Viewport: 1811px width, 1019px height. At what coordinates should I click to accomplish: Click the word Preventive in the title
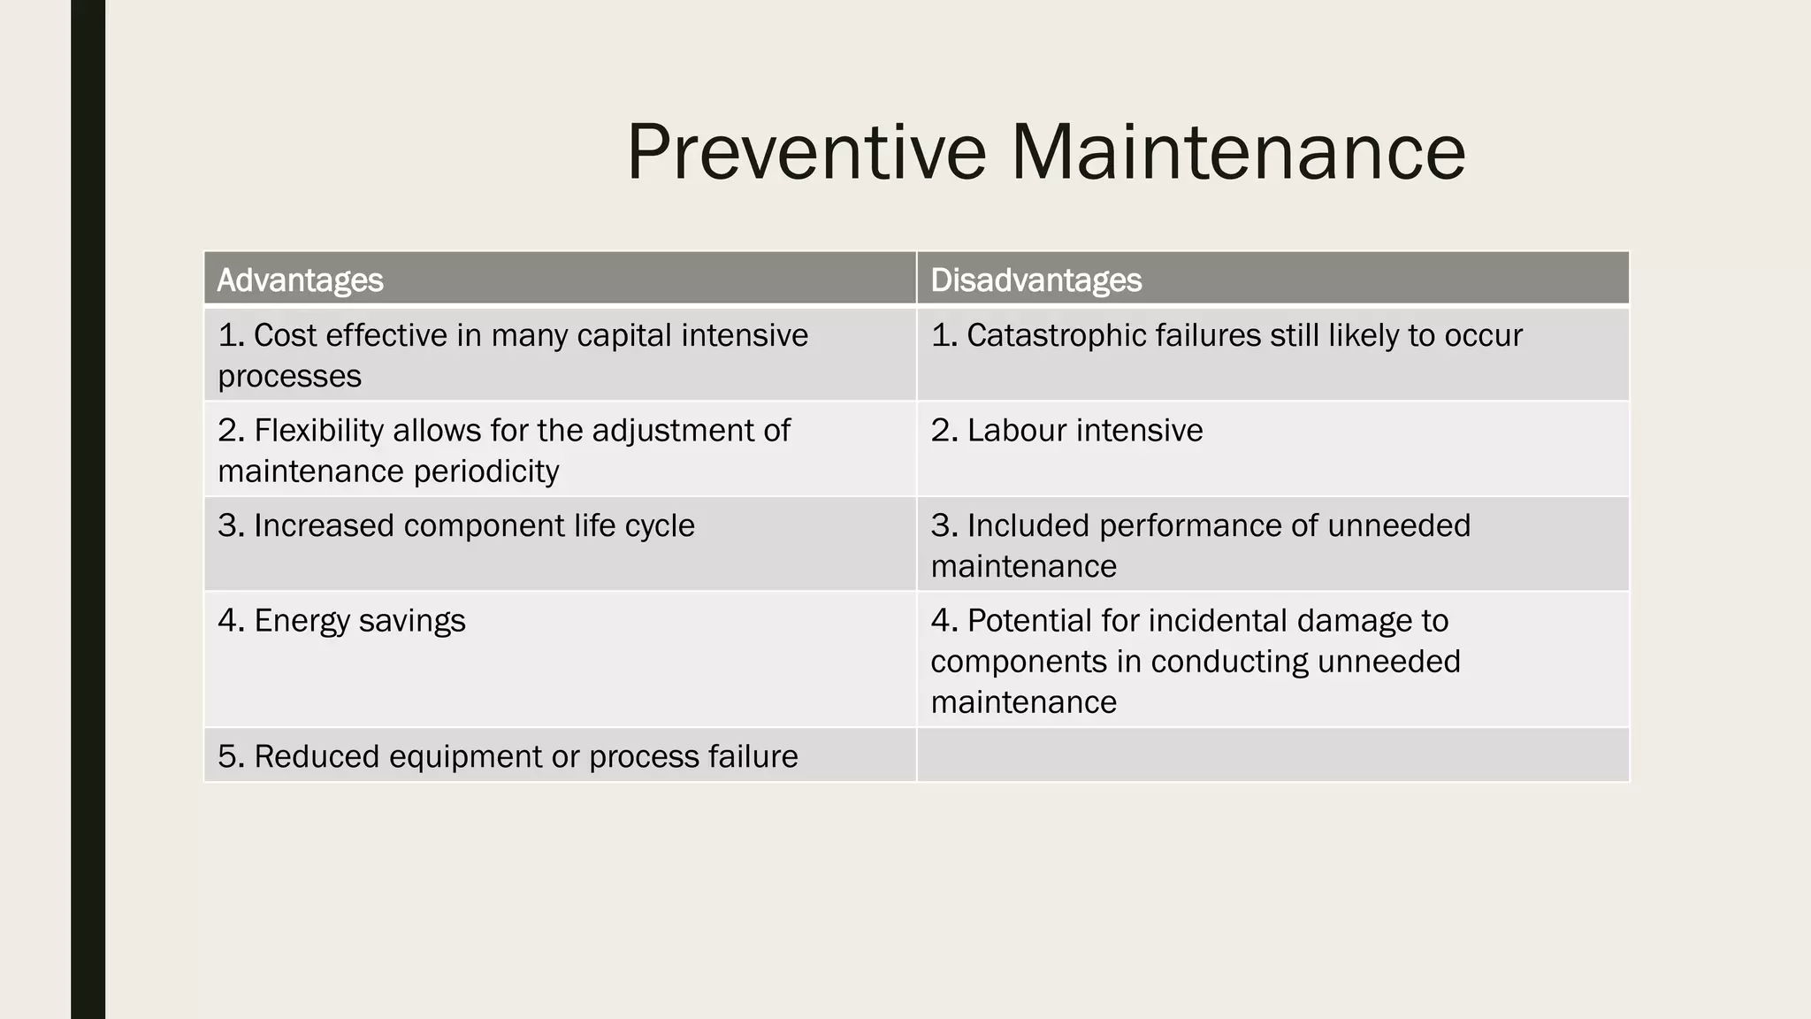click(x=806, y=152)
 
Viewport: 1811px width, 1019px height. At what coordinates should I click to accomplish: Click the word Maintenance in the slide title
click(x=1238, y=152)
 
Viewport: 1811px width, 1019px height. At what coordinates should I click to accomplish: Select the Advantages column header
click(x=300, y=280)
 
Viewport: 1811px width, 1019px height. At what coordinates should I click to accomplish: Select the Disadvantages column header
click(x=1035, y=280)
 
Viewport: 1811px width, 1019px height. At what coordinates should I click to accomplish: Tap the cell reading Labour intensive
click(x=1066, y=431)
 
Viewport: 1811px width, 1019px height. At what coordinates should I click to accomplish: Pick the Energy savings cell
click(x=341, y=621)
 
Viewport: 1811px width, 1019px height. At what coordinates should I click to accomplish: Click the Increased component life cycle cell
click(x=456, y=526)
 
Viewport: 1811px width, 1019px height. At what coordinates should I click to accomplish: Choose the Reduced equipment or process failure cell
click(x=508, y=757)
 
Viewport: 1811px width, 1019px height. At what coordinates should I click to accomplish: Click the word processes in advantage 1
click(x=289, y=377)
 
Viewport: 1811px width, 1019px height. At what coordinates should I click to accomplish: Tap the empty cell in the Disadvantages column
click(x=1272, y=755)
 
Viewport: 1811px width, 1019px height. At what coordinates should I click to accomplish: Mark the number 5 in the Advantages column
click(x=228, y=757)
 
